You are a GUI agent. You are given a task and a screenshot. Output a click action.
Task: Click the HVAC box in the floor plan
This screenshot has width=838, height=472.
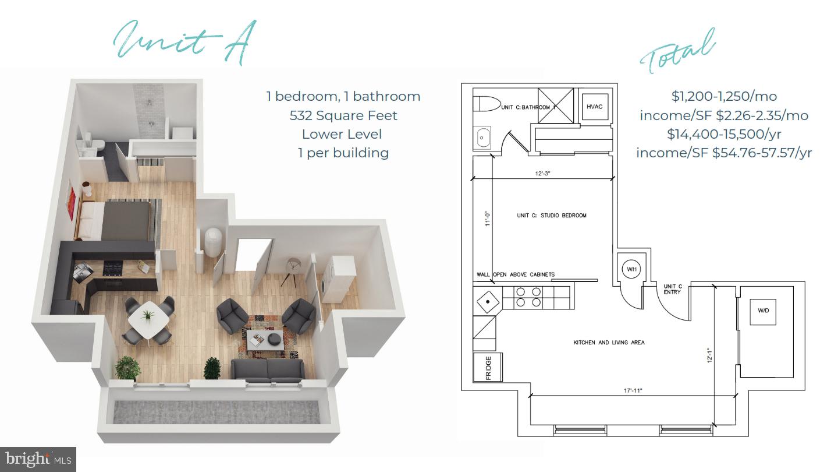pyautogui.click(x=595, y=107)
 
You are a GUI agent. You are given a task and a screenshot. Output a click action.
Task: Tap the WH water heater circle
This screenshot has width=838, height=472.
pyautogui.click(x=631, y=269)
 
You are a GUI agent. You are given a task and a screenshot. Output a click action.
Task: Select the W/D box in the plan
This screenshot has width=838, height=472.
pyautogui.click(x=763, y=311)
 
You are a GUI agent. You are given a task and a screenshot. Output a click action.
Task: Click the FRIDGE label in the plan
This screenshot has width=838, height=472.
pyautogui.click(x=488, y=368)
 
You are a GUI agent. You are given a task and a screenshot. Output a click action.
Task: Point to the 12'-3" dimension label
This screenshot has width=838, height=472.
pyautogui.click(x=542, y=174)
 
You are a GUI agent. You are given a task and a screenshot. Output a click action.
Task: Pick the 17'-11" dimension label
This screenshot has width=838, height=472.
pyautogui.click(x=633, y=390)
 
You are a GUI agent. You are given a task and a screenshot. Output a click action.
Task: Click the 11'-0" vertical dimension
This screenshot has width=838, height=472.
pyautogui.click(x=488, y=219)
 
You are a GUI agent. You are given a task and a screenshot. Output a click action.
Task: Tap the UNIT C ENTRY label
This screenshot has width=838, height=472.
pyautogui.click(x=673, y=289)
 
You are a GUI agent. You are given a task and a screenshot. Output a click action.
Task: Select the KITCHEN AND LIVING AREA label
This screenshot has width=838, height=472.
pyautogui.click(x=609, y=343)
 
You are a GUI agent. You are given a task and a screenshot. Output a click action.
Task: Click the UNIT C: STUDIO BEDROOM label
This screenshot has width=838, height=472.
pyautogui.click(x=552, y=216)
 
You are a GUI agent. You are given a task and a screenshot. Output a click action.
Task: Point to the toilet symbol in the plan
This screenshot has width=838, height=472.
pyautogui.click(x=487, y=104)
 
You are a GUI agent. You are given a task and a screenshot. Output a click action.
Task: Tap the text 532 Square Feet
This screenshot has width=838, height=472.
pyautogui.click(x=343, y=116)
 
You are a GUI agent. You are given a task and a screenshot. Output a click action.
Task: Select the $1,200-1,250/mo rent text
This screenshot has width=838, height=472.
pyautogui.click(x=724, y=96)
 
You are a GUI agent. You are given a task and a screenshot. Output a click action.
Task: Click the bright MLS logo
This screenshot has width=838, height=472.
pyautogui.click(x=38, y=459)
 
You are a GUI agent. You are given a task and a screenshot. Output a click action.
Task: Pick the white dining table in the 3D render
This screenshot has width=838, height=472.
pyautogui.click(x=149, y=319)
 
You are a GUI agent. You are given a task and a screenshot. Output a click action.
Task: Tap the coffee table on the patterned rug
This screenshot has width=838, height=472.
pyautogui.click(x=265, y=339)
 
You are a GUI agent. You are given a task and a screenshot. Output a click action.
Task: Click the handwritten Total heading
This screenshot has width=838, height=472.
pyautogui.click(x=677, y=52)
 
